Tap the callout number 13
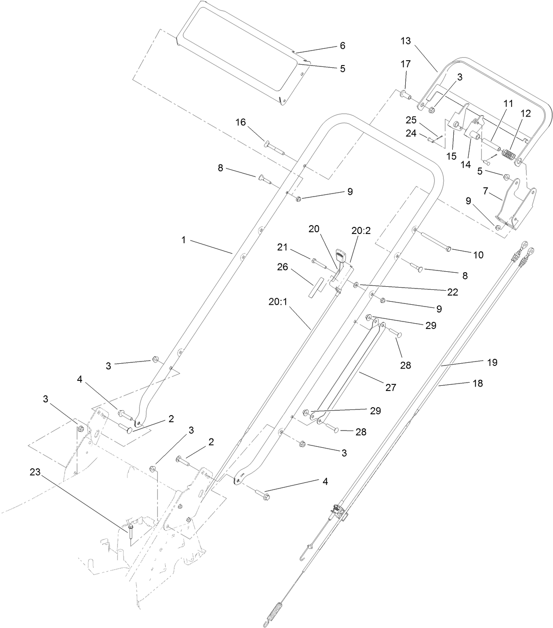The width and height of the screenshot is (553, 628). coord(405,41)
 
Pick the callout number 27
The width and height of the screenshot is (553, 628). coord(390,387)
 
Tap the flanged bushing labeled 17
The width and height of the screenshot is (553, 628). coord(405,94)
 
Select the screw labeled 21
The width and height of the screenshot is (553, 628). coord(317,263)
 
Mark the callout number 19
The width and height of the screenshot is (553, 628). coord(492,362)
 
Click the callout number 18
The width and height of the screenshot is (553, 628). coord(477,383)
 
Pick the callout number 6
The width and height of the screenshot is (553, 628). coord(342,46)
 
